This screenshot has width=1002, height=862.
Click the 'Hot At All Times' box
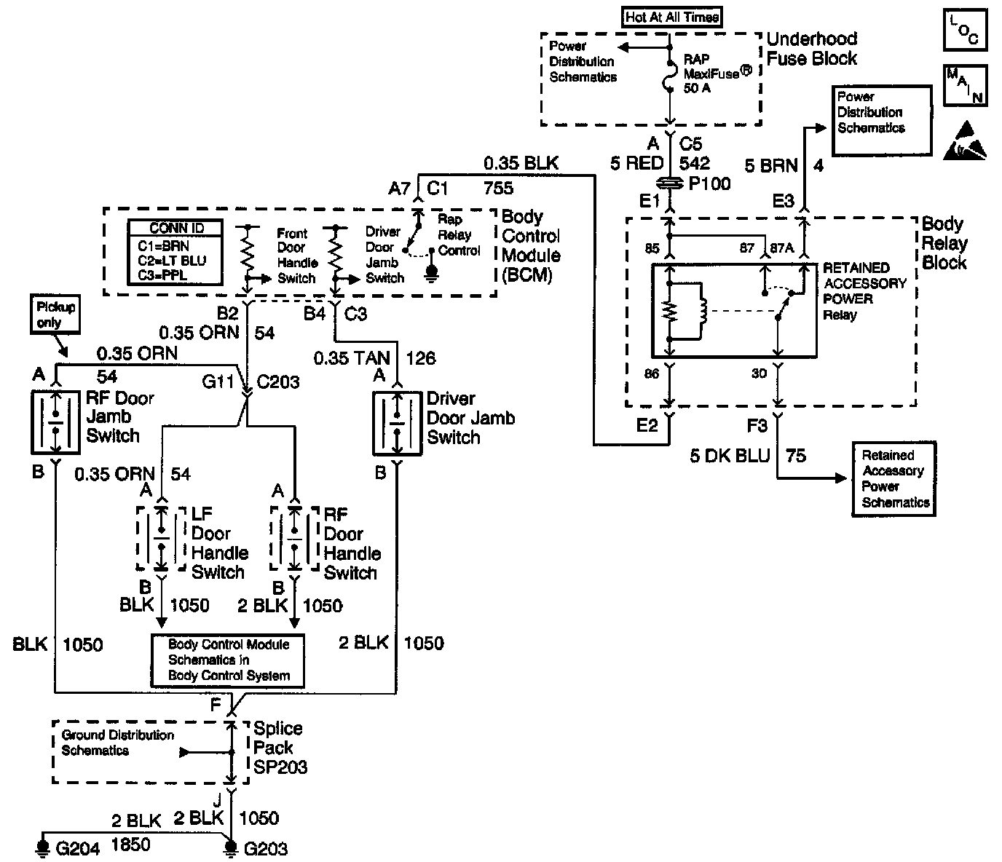point(672,17)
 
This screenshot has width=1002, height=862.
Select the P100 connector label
point(709,183)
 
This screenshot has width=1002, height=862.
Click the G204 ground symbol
point(44,847)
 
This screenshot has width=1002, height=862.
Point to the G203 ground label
point(265,849)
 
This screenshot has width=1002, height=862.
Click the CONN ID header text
point(176,228)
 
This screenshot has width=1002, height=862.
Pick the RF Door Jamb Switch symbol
point(55,422)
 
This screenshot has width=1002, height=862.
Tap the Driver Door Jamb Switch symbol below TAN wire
point(397,423)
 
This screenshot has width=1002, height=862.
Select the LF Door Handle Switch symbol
point(161,538)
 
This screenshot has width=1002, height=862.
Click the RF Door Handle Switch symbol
point(295,538)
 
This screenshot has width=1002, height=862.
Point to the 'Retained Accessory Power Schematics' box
point(895,479)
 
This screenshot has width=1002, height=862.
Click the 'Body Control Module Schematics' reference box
point(228,660)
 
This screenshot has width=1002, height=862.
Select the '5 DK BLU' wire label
point(730,456)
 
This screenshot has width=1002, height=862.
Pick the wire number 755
point(498,189)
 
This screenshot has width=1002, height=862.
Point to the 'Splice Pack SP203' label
point(280,748)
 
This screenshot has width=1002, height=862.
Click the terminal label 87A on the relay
point(782,248)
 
